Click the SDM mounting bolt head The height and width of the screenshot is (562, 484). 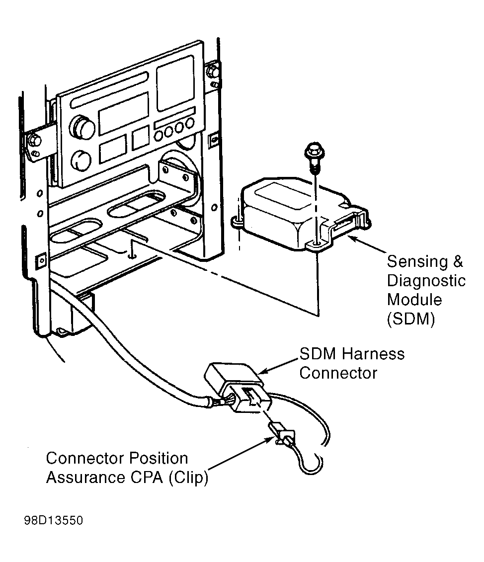tap(315, 150)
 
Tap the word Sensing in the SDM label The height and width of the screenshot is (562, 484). tap(417, 262)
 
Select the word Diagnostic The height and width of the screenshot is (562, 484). tap(426, 281)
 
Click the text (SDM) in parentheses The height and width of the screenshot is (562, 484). tap(411, 319)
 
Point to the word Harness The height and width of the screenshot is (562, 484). tap(373, 354)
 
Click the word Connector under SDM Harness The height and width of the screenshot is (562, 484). tap(338, 373)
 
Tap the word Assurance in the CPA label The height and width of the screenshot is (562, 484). tap(86, 478)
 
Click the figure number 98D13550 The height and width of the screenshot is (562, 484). tap(54, 520)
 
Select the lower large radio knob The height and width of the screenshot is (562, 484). tap(81, 160)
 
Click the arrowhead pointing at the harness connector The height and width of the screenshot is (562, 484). tap(263, 371)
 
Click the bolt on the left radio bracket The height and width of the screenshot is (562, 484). tap(34, 140)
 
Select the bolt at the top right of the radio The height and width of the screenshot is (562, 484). tap(213, 70)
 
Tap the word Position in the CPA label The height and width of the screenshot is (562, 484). tap(158, 458)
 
